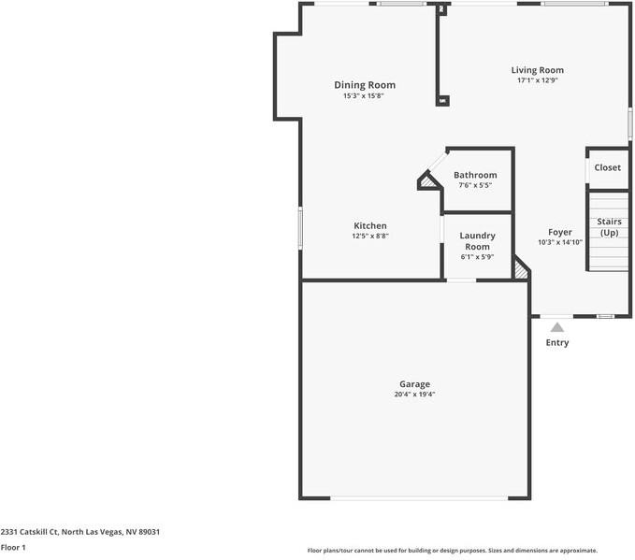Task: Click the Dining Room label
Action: pyautogui.click(x=365, y=85)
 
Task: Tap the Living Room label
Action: pyautogui.click(x=537, y=70)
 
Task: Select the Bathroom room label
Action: pyautogui.click(x=475, y=175)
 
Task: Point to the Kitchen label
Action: pyautogui.click(x=369, y=225)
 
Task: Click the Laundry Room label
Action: pyautogui.click(x=477, y=241)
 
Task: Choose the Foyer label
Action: pyautogui.click(x=559, y=232)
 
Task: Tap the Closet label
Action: pyautogui.click(x=607, y=167)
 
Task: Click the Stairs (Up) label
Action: pyautogui.click(x=610, y=227)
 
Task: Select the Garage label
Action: pyautogui.click(x=414, y=384)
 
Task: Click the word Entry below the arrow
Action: pyautogui.click(x=557, y=342)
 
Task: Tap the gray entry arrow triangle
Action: pyautogui.click(x=557, y=327)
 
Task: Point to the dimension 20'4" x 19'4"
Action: pyautogui.click(x=414, y=395)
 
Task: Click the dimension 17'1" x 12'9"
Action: pyautogui.click(x=537, y=80)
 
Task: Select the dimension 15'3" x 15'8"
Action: pyautogui.click(x=365, y=95)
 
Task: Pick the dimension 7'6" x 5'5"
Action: pyautogui.click(x=475, y=185)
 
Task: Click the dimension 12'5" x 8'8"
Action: pyautogui.click(x=369, y=236)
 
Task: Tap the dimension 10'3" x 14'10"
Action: pyautogui.click(x=559, y=242)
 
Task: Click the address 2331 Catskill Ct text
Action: pyautogui.click(x=80, y=532)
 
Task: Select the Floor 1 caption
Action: pyautogui.click(x=13, y=547)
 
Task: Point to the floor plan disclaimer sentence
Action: pyautogui.click(x=453, y=551)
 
